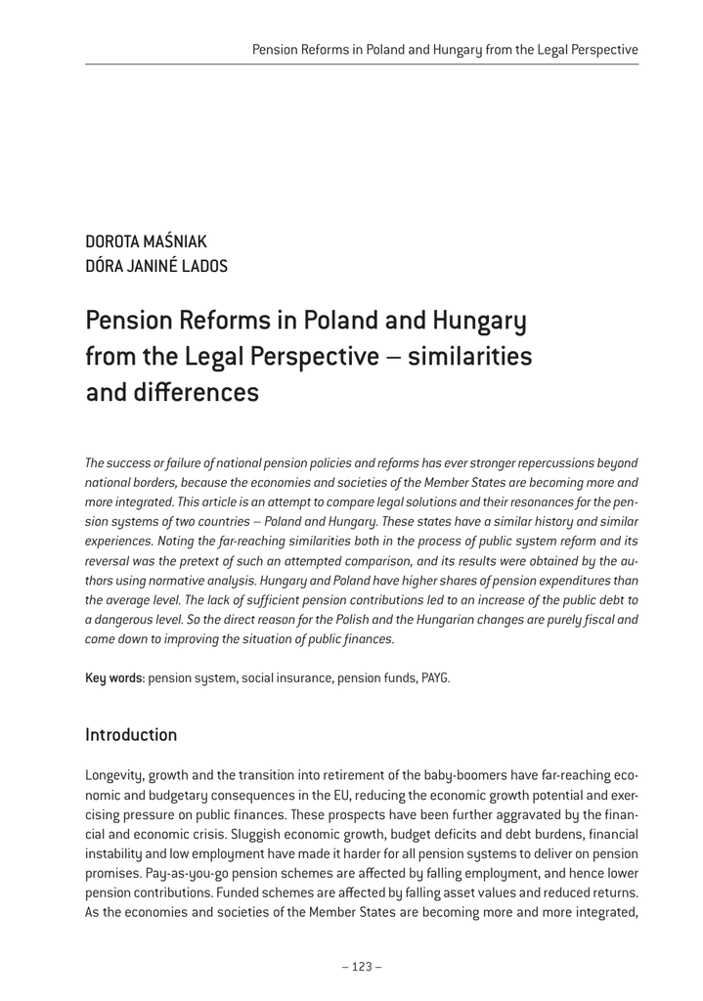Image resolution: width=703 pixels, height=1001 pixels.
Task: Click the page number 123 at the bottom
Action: point(361,967)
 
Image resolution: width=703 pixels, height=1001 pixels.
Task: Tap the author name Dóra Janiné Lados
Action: point(156,266)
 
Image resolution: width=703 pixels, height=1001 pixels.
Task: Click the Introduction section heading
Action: point(131,734)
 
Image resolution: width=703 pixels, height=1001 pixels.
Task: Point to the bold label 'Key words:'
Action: point(115,677)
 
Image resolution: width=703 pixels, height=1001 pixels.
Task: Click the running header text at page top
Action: point(445,48)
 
